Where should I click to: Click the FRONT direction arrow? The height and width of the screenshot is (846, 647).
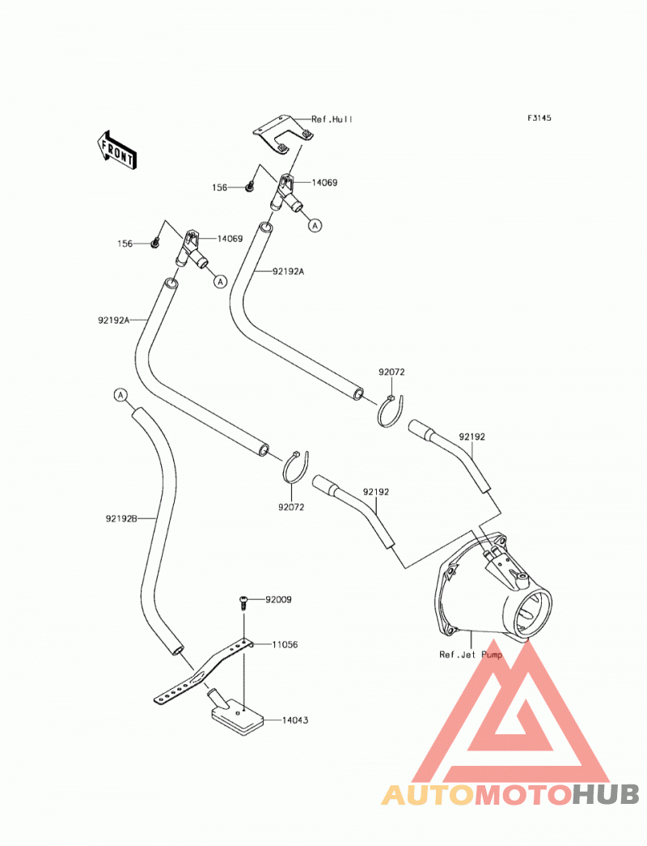click(116, 151)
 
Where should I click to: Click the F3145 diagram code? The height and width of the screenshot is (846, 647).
click(539, 117)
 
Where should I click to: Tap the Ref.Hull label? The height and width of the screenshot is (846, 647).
click(332, 119)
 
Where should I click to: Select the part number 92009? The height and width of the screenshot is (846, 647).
click(278, 599)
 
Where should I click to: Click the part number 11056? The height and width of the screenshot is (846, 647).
click(285, 644)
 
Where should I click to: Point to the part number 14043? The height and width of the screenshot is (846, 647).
click(295, 720)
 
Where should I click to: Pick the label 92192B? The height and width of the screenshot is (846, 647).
click(121, 518)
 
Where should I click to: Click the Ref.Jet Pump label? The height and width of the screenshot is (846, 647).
click(471, 654)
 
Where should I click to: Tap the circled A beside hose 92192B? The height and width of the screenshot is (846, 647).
click(121, 395)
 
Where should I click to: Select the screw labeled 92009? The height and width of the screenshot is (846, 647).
click(243, 602)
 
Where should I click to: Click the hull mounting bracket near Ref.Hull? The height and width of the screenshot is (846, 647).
click(284, 136)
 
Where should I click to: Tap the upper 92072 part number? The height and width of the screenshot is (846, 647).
click(391, 372)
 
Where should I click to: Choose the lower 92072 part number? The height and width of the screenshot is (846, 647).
click(291, 507)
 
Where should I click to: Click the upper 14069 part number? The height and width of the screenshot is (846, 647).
click(324, 182)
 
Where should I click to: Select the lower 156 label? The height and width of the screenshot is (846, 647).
click(125, 244)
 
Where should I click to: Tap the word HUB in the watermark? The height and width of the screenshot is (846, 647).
click(606, 794)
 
